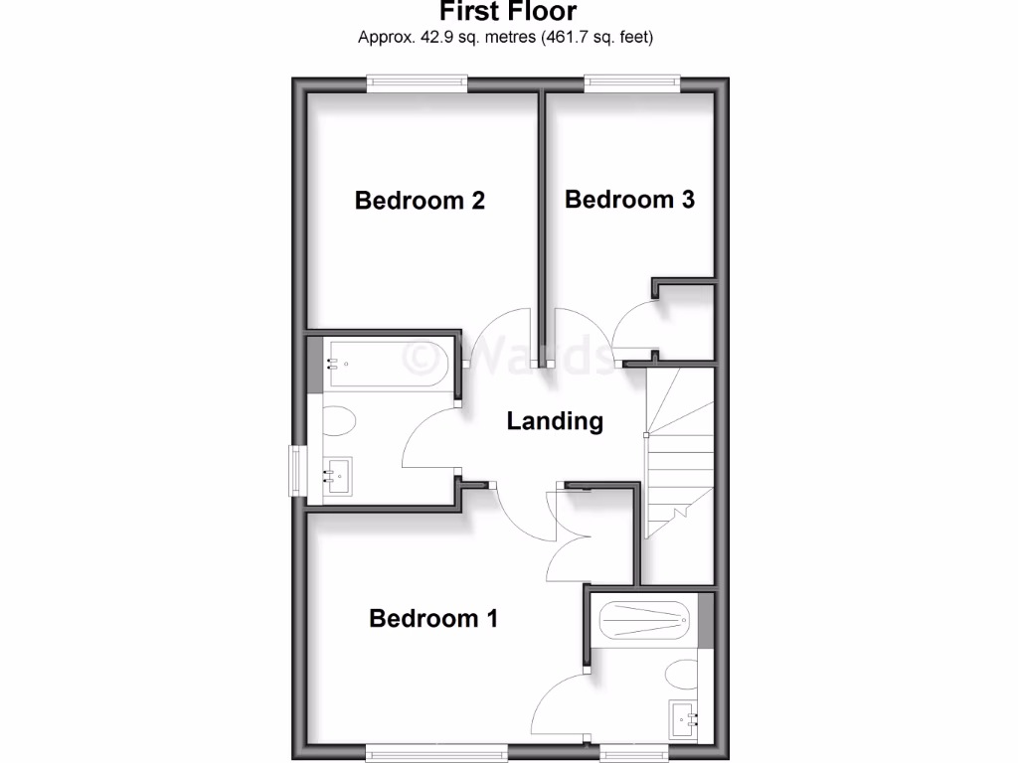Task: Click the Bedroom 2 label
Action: click(x=420, y=201)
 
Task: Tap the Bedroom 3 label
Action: click(x=629, y=200)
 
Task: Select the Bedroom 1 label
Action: click(x=432, y=619)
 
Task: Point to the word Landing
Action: click(x=555, y=421)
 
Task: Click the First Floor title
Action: click(x=507, y=12)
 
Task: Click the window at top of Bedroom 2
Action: click(x=417, y=84)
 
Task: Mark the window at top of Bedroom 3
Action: click(x=632, y=84)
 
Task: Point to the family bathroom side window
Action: click(x=296, y=471)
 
